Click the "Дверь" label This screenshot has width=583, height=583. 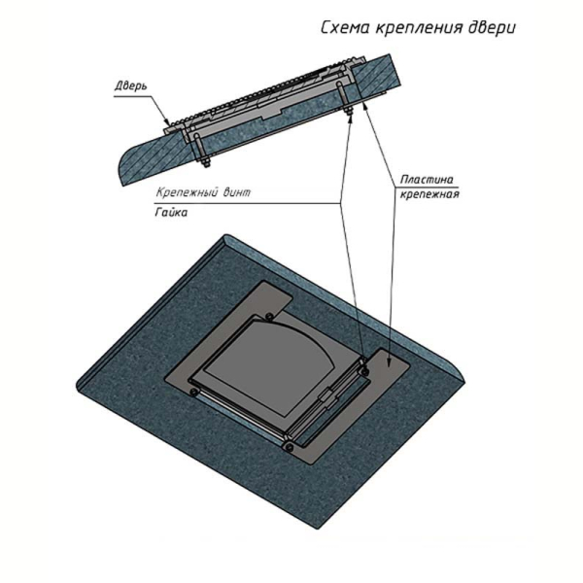[x=131, y=86]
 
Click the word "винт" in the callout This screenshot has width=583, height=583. [x=237, y=192]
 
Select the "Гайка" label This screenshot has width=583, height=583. [x=171, y=212]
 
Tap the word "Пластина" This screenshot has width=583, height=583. [x=427, y=180]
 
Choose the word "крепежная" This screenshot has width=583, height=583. [x=429, y=194]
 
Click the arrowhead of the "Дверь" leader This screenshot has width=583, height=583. [x=168, y=121]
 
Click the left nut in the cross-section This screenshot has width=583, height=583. [x=205, y=162]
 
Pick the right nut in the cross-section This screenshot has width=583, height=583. [x=349, y=112]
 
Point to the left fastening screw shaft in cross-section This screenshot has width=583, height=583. [x=198, y=147]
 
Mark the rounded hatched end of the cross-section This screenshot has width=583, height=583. [x=130, y=163]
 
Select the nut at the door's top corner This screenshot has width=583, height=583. [x=269, y=317]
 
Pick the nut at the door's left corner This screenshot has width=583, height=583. [x=193, y=392]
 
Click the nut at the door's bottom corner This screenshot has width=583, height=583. [x=289, y=447]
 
